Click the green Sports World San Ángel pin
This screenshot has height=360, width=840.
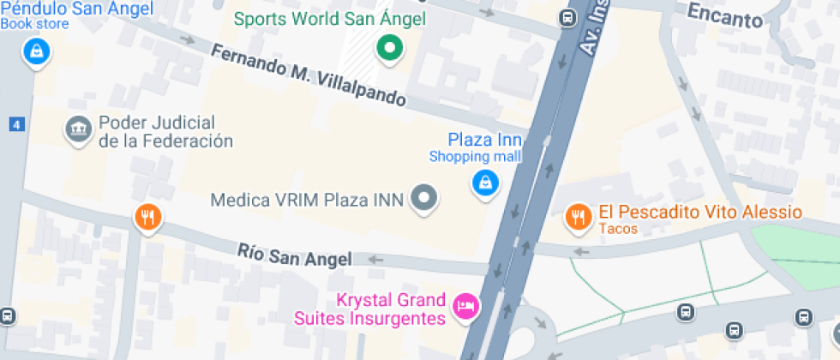(x=390, y=50)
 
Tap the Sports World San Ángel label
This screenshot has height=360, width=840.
(x=330, y=18)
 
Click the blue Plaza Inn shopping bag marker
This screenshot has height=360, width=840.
(x=484, y=182)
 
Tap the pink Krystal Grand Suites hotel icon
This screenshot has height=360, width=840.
(x=465, y=306)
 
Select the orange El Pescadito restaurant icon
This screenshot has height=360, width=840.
(x=579, y=218)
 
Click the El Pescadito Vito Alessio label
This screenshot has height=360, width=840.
(x=699, y=212)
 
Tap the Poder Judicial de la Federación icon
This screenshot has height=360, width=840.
(x=79, y=131)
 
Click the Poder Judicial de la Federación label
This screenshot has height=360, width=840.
(x=165, y=132)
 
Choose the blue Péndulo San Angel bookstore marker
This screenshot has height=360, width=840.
(x=36, y=51)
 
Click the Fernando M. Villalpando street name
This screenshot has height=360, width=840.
(x=309, y=75)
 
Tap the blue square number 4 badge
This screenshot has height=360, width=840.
(x=15, y=124)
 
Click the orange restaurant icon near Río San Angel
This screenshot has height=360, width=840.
(x=148, y=218)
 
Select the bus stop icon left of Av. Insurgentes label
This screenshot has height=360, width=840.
(x=567, y=17)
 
